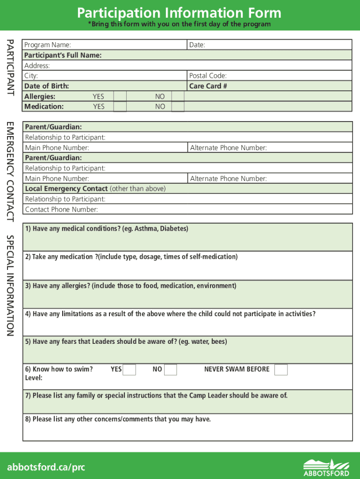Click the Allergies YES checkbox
120,96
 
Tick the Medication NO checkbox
178,106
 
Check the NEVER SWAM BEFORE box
281,370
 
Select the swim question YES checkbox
130,370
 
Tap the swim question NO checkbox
171,370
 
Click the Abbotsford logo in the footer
326,467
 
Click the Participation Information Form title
180,13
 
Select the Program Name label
48,45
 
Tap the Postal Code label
208,76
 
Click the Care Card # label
208,86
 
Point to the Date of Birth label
46,86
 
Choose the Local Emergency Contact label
66,189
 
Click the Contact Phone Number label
61,210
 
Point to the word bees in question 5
219,342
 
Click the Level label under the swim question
34,377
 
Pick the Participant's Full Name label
63,55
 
